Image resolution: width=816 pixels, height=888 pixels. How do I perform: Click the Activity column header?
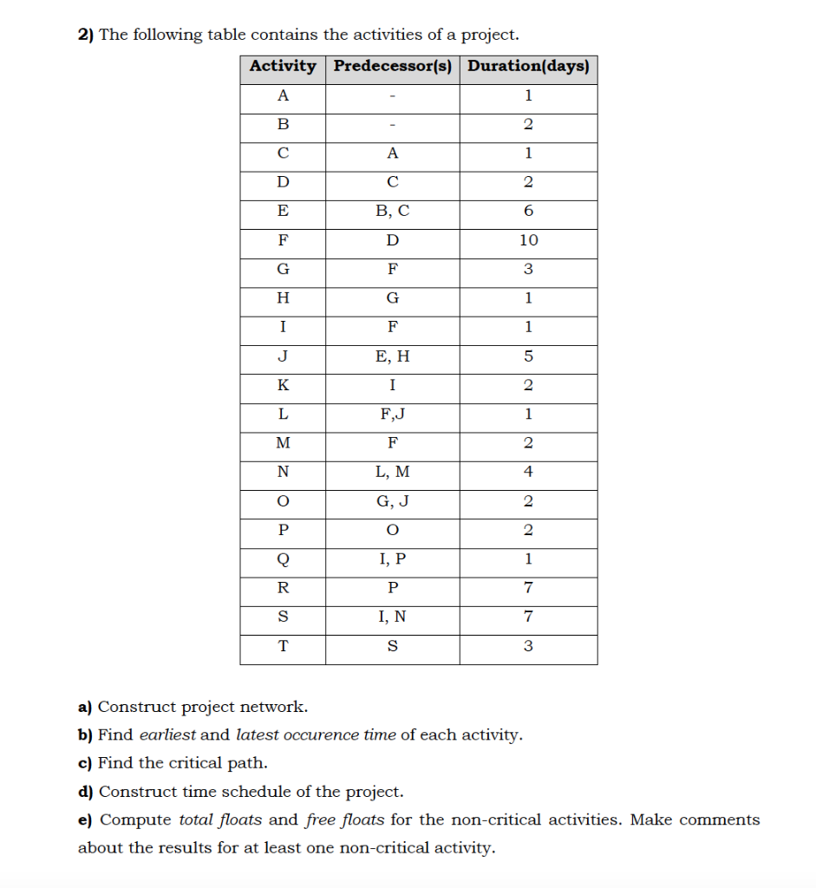click(283, 66)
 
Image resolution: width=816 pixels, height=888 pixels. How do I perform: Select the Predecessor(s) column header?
click(393, 66)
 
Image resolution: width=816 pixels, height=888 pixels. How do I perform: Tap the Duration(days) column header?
click(528, 66)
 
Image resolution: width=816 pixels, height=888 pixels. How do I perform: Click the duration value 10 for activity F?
click(528, 240)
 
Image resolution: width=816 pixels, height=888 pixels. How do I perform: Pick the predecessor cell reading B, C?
click(393, 211)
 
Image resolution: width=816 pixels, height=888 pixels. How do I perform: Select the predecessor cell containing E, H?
click(393, 356)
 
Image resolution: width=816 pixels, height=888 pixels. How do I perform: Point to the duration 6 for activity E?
click(528, 211)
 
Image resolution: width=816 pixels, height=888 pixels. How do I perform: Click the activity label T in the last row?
click(283, 647)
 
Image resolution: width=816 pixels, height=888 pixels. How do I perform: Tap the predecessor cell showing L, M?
click(393, 473)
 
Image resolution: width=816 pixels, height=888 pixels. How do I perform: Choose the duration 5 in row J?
click(528, 356)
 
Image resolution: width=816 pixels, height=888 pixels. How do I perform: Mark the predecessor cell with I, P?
click(393, 559)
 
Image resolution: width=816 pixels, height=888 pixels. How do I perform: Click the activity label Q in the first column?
click(283, 559)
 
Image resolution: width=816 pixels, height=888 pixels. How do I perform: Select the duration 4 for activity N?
click(528, 473)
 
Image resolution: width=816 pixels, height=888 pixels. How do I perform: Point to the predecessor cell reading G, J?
click(393, 502)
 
